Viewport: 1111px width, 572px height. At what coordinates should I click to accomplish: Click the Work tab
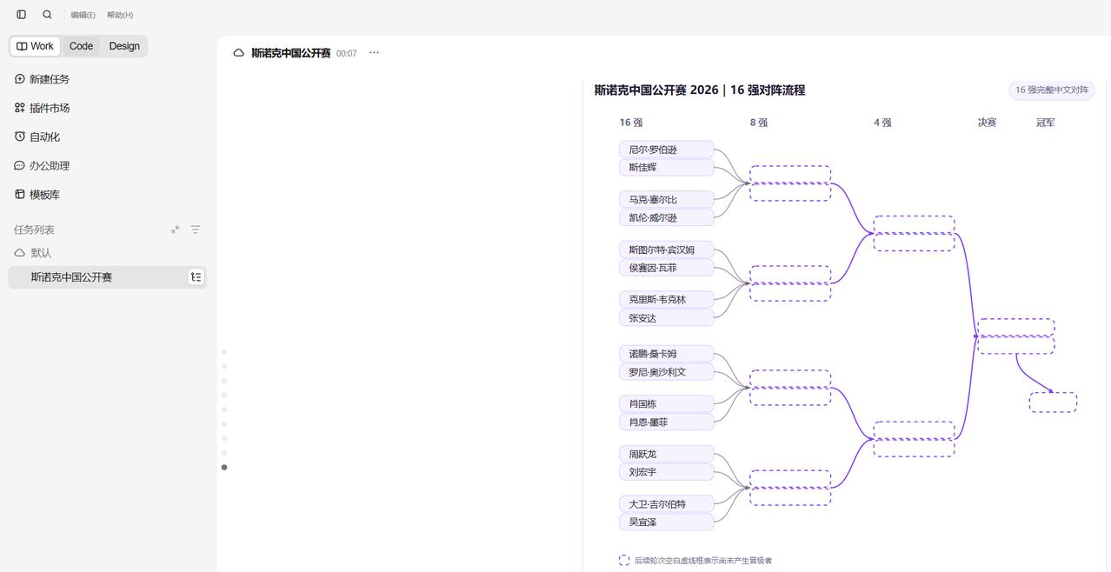pos(35,46)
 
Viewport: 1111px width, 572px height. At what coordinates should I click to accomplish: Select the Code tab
pos(81,46)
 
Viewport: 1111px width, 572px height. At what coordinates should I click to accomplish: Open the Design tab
pos(124,46)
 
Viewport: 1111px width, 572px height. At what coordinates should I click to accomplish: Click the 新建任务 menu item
pos(42,79)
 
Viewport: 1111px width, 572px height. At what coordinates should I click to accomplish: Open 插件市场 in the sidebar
pos(42,108)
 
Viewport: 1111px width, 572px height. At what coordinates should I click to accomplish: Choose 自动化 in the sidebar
pos(37,137)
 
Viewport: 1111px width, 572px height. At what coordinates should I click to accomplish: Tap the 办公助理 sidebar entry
pos(42,166)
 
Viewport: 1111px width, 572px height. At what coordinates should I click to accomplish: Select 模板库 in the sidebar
pos(37,195)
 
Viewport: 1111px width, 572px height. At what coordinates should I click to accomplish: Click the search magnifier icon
pos(47,15)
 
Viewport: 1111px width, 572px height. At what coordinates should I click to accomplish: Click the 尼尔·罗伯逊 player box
pos(667,150)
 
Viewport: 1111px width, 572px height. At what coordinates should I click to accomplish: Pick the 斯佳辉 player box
pos(667,167)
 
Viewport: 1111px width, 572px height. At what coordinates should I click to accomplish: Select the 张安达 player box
pos(667,318)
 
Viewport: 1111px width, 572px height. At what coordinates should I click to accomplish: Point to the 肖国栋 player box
pos(667,404)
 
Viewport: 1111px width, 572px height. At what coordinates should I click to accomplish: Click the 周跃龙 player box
pos(667,454)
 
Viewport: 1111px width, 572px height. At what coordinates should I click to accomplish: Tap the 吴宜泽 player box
pos(667,522)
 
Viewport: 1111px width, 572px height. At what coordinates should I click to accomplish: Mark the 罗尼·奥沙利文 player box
pos(667,372)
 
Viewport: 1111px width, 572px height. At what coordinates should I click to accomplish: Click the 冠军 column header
pos(1046,123)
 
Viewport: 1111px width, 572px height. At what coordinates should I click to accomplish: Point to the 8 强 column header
pos(759,123)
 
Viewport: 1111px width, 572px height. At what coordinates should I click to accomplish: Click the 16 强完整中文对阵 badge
pos(1052,90)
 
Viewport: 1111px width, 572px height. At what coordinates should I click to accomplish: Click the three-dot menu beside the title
pos(374,52)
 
